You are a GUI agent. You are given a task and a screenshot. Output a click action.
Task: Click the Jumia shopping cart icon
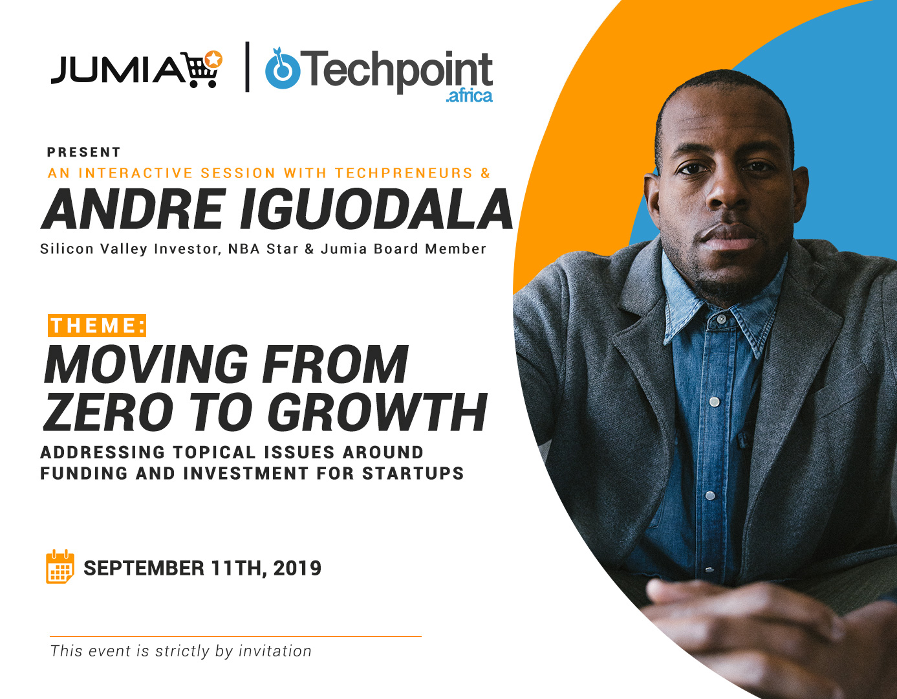tap(203, 69)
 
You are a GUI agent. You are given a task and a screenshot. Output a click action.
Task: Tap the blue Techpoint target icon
tap(283, 69)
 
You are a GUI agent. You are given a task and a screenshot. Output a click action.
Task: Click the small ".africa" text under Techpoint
tap(469, 96)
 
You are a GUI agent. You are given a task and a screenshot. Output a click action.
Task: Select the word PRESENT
tap(83, 152)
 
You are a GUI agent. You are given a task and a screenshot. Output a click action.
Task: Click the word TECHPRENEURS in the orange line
tap(404, 173)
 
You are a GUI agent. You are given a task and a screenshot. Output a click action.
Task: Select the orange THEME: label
tap(97, 326)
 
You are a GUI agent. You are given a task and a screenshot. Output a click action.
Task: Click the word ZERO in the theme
tap(108, 412)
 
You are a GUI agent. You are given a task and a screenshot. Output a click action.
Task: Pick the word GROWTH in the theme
tap(377, 412)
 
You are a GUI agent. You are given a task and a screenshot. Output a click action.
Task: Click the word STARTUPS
tap(413, 473)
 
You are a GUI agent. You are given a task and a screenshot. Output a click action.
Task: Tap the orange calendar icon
tap(60, 566)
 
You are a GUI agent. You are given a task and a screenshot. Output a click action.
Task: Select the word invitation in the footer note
tap(275, 651)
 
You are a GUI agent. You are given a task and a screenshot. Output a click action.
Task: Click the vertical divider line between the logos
tap(247, 67)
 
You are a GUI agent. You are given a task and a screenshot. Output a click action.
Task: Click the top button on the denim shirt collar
tap(720, 319)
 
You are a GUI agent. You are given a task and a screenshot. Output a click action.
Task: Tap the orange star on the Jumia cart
tap(214, 60)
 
